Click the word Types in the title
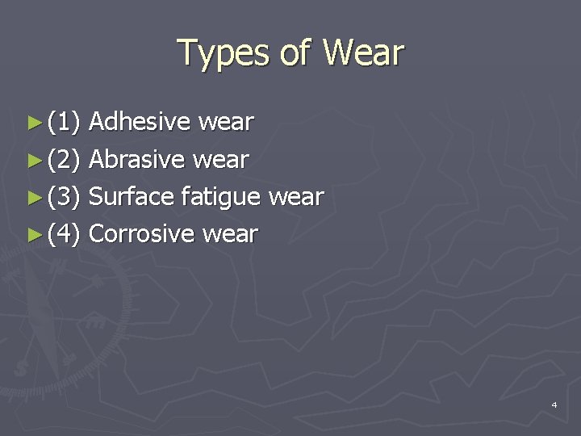point(222,53)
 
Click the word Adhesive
point(139,122)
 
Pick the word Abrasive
point(138,159)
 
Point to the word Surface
point(132,196)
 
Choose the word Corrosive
point(141,234)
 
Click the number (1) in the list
point(64,123)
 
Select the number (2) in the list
point(64,160)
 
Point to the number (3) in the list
point(64,197)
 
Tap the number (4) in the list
point(64,235)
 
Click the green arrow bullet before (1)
point(33,123)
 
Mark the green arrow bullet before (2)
point(33,160)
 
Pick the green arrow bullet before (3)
point(33,197)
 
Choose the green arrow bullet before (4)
point(33,235)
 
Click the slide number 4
point(554,404)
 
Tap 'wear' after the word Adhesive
point(226,123)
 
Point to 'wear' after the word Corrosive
point(230,235)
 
